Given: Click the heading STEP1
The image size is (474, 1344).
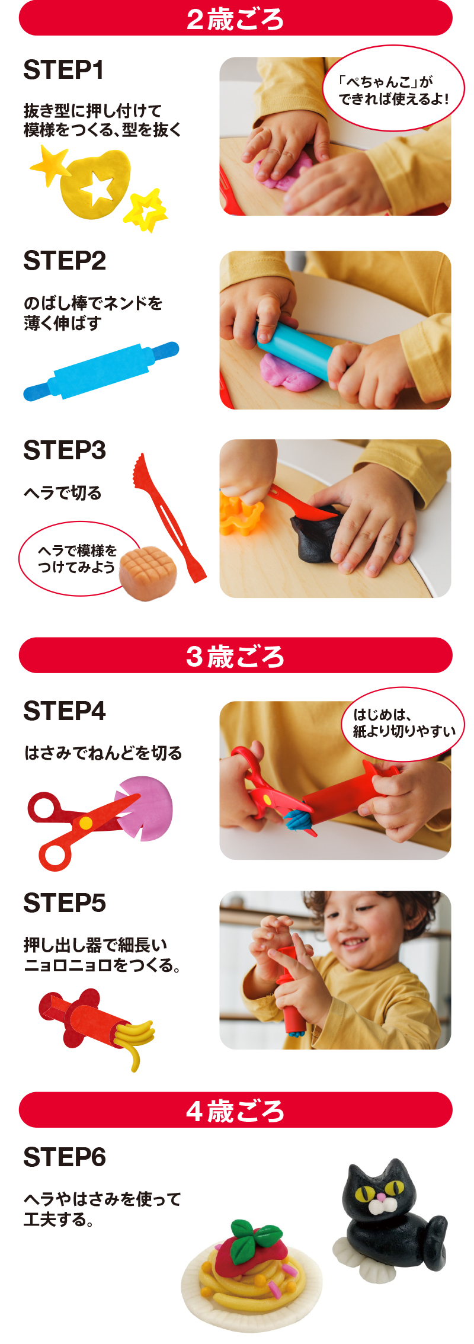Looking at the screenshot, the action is click(64, 70).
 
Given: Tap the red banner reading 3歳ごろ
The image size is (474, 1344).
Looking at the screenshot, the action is click(236, 655).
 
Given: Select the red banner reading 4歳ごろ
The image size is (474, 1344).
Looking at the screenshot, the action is click(236, 1110).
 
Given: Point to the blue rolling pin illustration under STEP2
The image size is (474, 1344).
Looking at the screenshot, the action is click(101, 371).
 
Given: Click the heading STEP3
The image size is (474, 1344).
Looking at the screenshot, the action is click(65, 450).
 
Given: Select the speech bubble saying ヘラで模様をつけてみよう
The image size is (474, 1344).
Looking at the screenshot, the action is click(77, 559).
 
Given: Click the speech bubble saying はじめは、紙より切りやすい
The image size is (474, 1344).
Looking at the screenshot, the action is click(403, 724).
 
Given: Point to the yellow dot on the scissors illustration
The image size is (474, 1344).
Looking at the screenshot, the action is click(86, 823).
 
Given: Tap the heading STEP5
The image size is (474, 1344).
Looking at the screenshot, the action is click(65, 903).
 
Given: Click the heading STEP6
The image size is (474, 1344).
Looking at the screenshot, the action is click(65, 1157).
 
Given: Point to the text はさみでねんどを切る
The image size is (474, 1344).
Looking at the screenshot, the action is click(103, 753).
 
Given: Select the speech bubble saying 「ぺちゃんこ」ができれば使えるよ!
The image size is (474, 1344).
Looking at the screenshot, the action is click(393, 88).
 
